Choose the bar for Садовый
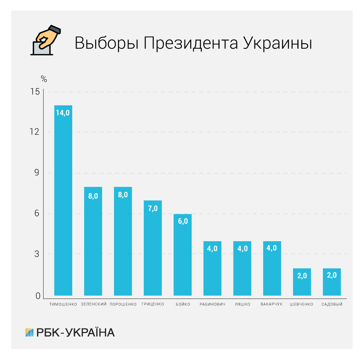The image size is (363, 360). (332, 283)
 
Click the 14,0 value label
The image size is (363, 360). (63, 113)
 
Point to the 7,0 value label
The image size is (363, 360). (153, 208)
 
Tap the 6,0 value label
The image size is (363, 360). (183, 222)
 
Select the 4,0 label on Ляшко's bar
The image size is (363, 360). (242, 248)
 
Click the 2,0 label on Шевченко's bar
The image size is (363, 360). (302, 276)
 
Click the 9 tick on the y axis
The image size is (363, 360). (37, 173)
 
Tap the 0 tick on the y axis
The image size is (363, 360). (37, 296)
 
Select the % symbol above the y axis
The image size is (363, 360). (43, 78)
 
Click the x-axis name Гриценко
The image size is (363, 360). (153, 304)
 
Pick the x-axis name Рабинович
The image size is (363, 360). (212, 304)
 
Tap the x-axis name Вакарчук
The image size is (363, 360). (272, 304)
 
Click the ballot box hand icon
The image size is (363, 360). (45, 40)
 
